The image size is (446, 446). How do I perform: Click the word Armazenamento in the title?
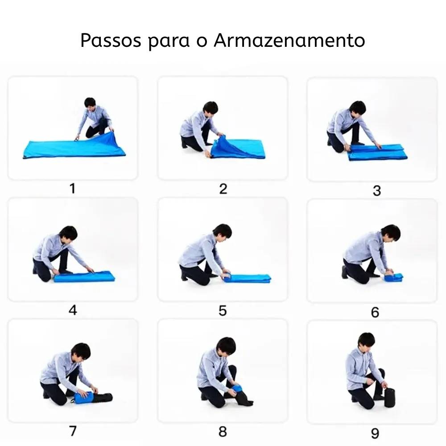[289, 41]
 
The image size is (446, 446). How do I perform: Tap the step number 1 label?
[72, 189]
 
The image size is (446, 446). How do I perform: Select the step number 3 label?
[376, 191]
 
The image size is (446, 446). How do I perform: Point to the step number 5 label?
[223, 311]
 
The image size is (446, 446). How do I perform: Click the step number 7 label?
[72, 431]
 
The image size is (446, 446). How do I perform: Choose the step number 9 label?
[375, 433]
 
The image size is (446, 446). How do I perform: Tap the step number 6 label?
[375, 312]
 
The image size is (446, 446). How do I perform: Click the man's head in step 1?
[90, 103]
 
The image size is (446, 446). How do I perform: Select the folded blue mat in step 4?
[85, 277]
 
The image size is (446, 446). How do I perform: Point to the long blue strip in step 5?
[248, 278]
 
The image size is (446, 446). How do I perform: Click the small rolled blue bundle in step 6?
[394, 277]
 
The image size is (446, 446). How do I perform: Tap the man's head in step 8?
[226, 346]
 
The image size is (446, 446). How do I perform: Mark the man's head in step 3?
[357, 108]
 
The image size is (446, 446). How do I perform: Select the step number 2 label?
[223, 189]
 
